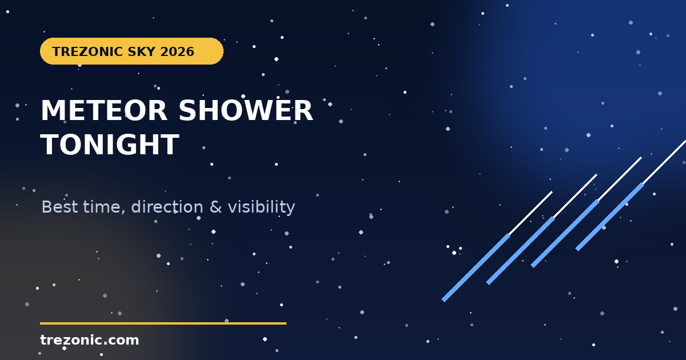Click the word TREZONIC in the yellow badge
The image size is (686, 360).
point(87,51)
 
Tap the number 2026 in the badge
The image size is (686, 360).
point(177,51)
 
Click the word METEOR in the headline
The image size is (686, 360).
point(104,110)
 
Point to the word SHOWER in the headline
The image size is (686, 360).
point(246,110)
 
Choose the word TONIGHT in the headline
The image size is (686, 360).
point(110,145)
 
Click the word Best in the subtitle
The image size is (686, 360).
point(59,207)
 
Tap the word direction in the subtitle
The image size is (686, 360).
point(167,207)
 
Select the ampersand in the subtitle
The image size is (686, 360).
point(216,207)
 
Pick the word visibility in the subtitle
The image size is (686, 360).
point(261,207)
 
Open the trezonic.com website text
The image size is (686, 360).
point(89,340)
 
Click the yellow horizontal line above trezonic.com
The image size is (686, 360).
point(163,323)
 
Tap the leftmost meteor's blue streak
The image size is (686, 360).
point(476,268)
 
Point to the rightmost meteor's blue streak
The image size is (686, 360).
point(610,217)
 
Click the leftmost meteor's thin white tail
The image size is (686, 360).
point(531,213)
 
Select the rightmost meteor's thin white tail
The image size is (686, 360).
point(664,162)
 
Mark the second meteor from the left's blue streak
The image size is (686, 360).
point(521,251)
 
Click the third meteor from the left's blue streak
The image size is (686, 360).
point(565,234)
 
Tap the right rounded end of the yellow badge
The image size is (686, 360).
point(222,51)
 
